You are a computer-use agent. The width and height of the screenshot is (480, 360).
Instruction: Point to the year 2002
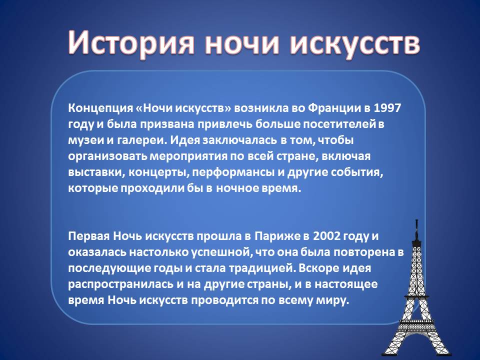tap(326, 236)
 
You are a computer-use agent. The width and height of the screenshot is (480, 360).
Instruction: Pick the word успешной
tap(222, 252)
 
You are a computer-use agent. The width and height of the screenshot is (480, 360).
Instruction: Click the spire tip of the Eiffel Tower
tap(416, 220)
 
